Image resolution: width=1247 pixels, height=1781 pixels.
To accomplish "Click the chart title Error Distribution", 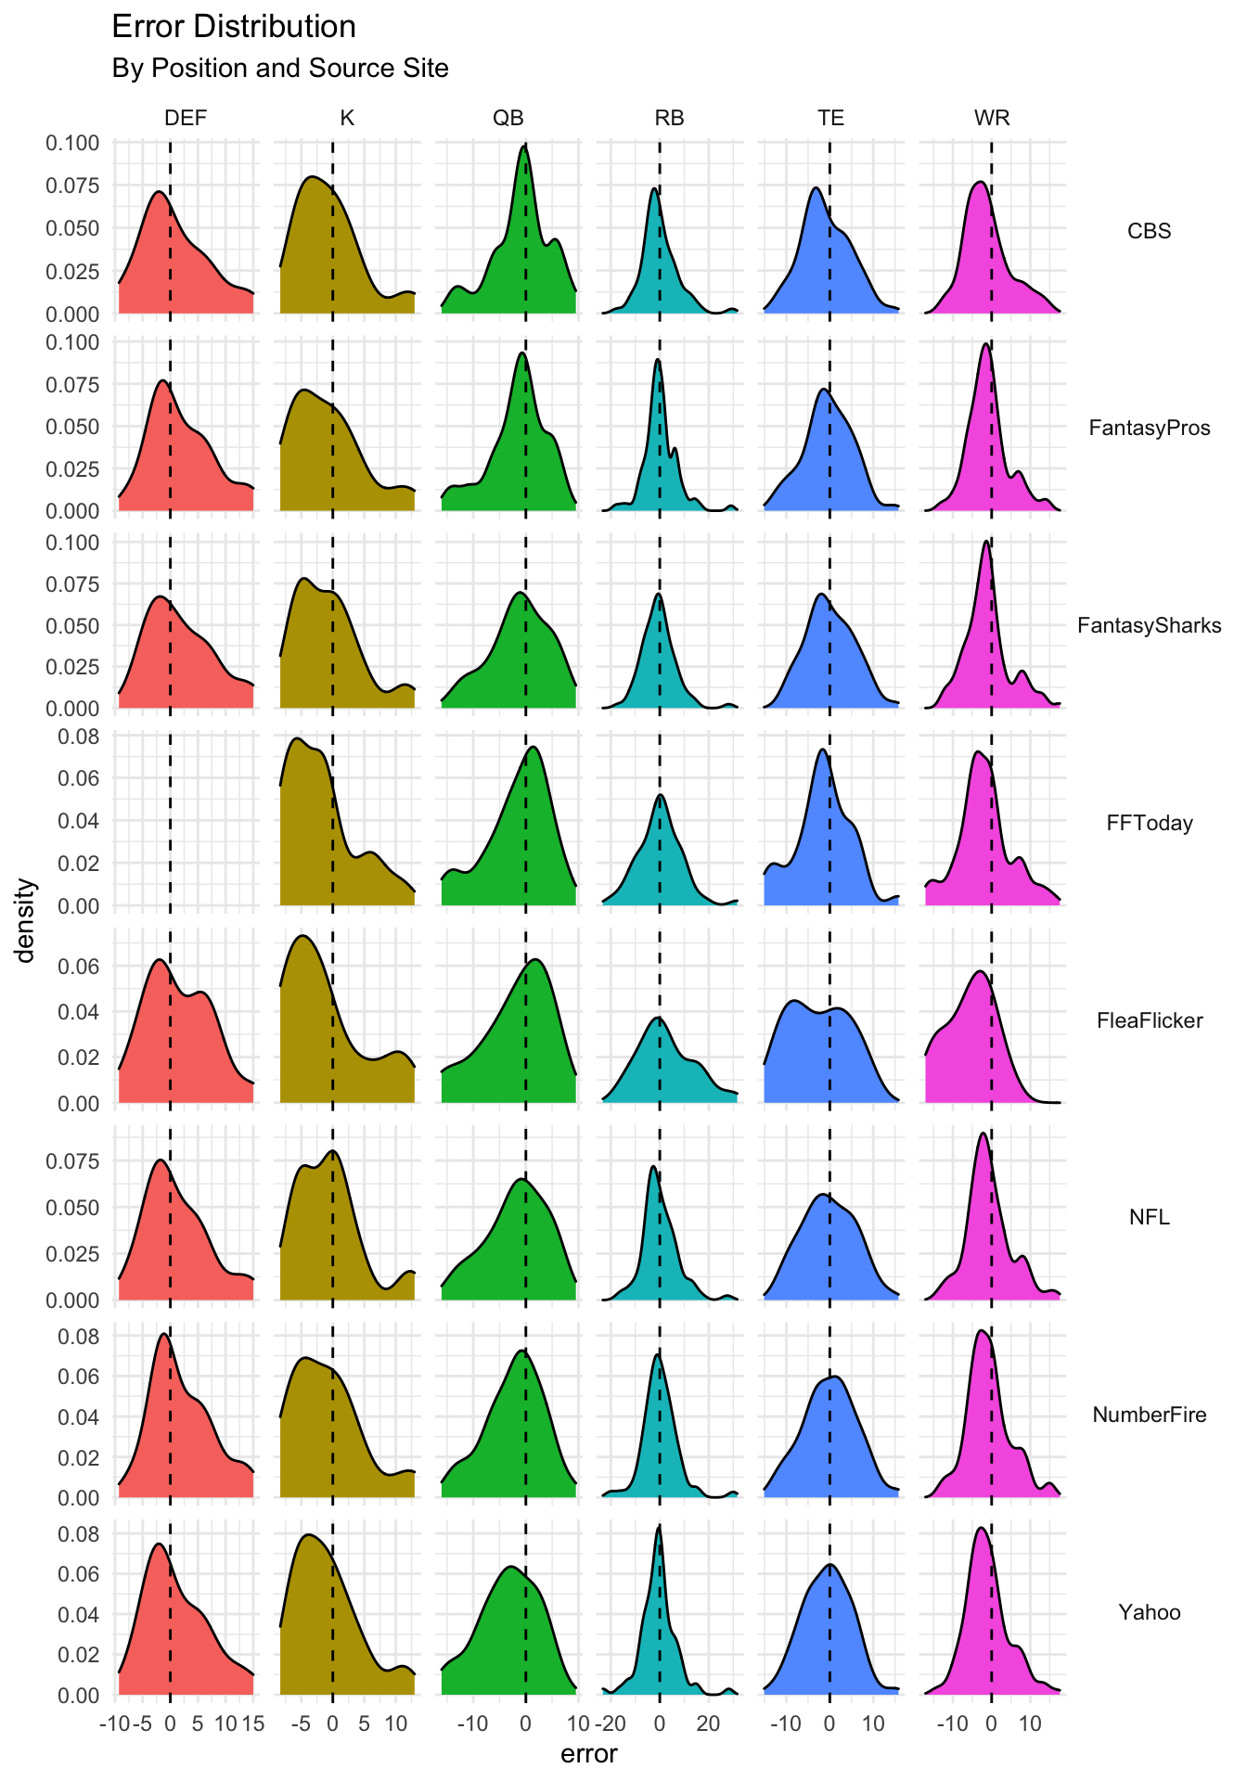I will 233,27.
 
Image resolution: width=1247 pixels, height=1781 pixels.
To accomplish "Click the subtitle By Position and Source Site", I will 279,69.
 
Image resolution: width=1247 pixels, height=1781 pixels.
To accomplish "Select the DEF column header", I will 186,118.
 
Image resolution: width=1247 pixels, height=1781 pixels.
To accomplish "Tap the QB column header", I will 508,118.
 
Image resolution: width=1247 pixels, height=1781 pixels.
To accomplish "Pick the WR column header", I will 992,118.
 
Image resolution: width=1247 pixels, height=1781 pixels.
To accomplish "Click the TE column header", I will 830,118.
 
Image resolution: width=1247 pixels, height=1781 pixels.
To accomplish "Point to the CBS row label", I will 1149,231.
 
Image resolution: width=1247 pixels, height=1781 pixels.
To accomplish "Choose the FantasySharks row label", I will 1149,626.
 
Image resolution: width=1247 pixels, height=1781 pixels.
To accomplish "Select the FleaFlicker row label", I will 1149,1021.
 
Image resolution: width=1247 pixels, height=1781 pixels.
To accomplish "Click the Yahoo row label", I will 1149,1613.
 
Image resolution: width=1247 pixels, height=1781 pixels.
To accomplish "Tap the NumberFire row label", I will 1149,1416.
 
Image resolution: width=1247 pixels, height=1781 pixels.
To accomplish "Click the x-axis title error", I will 589,1755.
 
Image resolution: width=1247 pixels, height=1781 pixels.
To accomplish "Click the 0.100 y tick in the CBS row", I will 72,143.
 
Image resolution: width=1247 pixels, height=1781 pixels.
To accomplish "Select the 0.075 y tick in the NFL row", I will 72,1161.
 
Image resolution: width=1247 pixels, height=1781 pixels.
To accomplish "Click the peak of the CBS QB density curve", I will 525,146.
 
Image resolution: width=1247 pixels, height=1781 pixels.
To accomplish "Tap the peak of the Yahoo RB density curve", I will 659,1527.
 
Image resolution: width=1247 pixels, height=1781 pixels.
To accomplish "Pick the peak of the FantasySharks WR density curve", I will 986,542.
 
